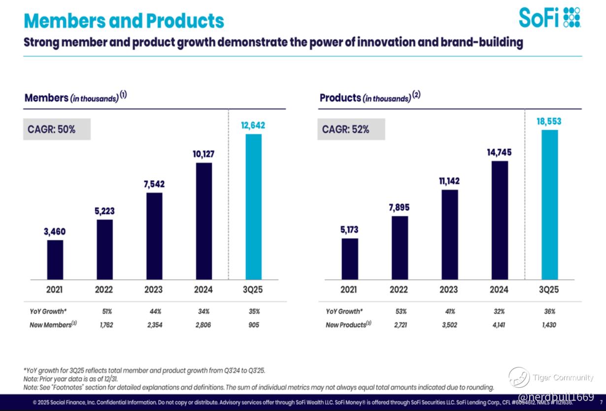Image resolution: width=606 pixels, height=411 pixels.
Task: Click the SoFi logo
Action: tap(549, 17)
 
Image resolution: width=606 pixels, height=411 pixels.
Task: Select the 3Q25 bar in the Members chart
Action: tap(254, 206)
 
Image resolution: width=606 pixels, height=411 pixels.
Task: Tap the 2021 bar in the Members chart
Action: tap(55, 259)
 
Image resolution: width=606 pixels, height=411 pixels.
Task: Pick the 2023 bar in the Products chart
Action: tap(450, 234)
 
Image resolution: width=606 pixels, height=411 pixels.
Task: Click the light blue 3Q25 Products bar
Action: tap(550, 204)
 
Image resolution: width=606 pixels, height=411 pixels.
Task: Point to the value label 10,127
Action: tap(203, 154)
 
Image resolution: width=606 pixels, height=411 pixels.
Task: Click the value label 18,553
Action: tap(549, 121)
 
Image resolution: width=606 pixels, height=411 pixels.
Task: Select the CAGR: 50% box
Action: tap(57, 130)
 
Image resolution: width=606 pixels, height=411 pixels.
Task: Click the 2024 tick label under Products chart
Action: tap(499, 289)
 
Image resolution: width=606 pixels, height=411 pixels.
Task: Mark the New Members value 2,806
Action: tap(203, 325)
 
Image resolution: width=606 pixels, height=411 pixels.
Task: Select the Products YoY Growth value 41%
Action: tap(449, 311)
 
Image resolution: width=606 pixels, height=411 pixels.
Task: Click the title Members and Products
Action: tap(124, 21)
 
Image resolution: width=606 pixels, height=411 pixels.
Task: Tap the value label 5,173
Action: tap(350, 230)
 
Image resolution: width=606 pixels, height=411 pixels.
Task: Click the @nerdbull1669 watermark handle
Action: tap(556, 396)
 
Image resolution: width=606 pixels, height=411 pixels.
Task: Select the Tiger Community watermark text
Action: tap(563, 378)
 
